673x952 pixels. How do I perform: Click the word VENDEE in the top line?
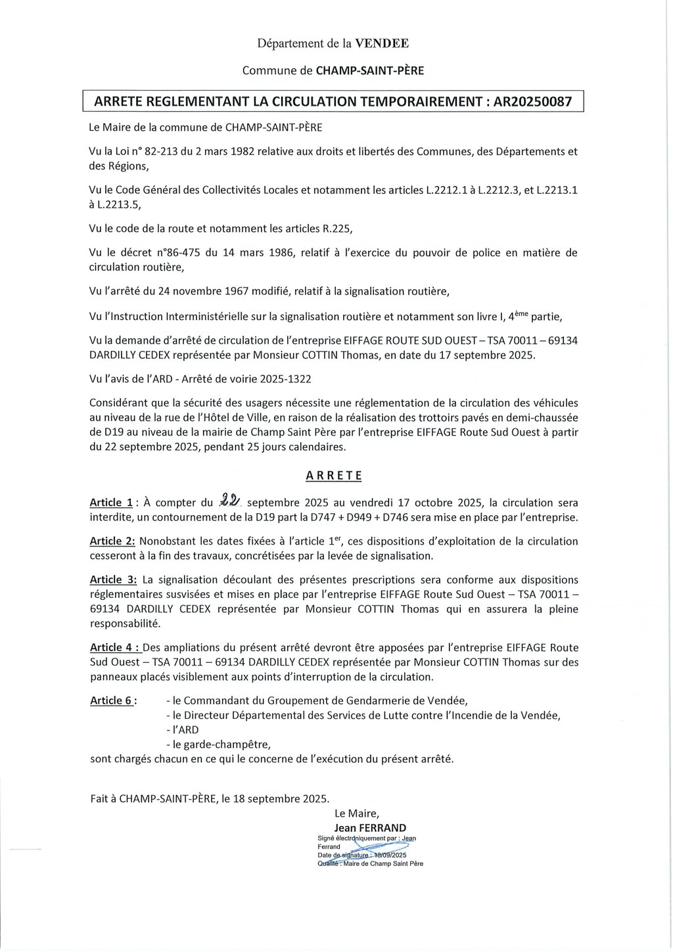(382, 44)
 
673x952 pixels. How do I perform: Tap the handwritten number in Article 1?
(230, 502)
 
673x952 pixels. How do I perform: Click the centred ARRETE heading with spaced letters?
(334, 475)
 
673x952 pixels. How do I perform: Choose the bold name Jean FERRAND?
(370, 828)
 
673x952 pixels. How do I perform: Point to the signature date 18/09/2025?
(388, 855)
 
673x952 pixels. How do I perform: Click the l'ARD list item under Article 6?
(185, 729)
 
